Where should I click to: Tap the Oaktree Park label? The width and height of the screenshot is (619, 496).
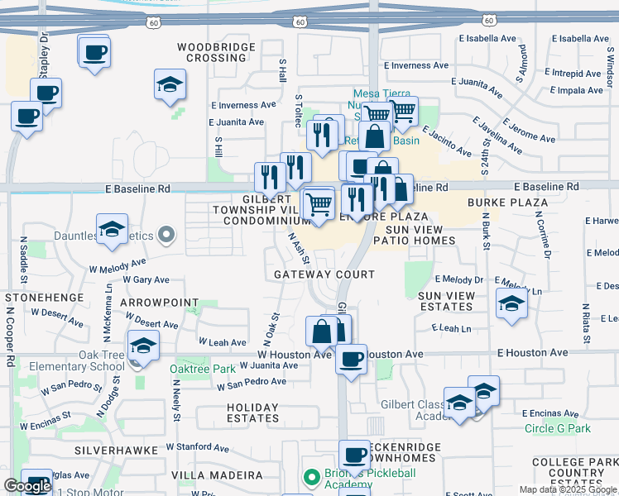203,369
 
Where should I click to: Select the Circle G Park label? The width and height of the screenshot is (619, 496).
557,428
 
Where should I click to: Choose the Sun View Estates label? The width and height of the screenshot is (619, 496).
446,301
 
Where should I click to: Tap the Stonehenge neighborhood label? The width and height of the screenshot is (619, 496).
44,297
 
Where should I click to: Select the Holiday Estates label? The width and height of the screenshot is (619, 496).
252,413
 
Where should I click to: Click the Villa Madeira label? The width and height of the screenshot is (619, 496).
217,476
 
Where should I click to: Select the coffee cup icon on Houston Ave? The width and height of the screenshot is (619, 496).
351,359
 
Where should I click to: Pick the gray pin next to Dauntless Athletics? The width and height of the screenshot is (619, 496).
166,236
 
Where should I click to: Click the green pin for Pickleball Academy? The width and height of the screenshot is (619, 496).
311,478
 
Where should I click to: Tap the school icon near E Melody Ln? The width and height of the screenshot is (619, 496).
511,305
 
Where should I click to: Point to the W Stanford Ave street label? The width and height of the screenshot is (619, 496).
197,447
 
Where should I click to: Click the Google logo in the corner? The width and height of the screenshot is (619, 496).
26,485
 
